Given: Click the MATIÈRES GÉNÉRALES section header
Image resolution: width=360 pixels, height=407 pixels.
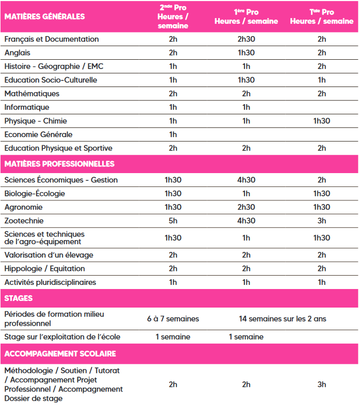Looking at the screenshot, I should (44, 16).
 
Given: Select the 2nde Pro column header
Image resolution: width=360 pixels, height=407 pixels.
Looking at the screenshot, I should (173, 17).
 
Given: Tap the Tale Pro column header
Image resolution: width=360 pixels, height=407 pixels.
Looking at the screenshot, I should (321, 17).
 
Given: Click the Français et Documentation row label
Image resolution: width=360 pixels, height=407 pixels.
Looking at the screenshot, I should (52, 39).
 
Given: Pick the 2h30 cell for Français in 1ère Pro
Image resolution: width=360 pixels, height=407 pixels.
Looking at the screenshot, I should (246, 39).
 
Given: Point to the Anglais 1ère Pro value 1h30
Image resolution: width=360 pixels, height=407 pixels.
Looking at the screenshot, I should (246, 53).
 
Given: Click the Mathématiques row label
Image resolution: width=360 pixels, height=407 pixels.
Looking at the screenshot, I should (32, 94).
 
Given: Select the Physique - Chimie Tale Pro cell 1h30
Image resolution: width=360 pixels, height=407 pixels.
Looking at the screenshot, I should (321, 121).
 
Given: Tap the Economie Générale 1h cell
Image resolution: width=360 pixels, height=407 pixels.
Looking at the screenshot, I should (173, 134).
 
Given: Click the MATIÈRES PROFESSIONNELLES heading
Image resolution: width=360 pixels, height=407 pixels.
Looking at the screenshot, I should (59, 164).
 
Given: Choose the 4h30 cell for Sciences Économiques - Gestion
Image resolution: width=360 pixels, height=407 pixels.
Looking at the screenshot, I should (246, 180).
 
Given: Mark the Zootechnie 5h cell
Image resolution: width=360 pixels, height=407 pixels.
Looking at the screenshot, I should (173, 221).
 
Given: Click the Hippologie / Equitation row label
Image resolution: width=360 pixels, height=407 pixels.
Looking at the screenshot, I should (45, 268).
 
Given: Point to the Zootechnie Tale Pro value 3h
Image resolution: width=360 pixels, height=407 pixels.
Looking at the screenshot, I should (321, 221).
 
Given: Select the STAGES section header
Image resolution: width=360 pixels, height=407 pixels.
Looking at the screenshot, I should (19, 298).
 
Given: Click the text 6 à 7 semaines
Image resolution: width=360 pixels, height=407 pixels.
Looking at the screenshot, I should (173, 319).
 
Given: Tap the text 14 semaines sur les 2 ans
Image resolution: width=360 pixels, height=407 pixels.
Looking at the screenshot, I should (282, 319).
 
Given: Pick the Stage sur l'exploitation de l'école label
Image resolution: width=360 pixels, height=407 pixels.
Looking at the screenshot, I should (62, 337).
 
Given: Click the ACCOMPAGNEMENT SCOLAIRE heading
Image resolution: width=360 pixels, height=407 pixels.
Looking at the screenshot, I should (60, 354).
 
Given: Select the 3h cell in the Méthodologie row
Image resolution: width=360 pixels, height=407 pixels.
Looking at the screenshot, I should (321, 384).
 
